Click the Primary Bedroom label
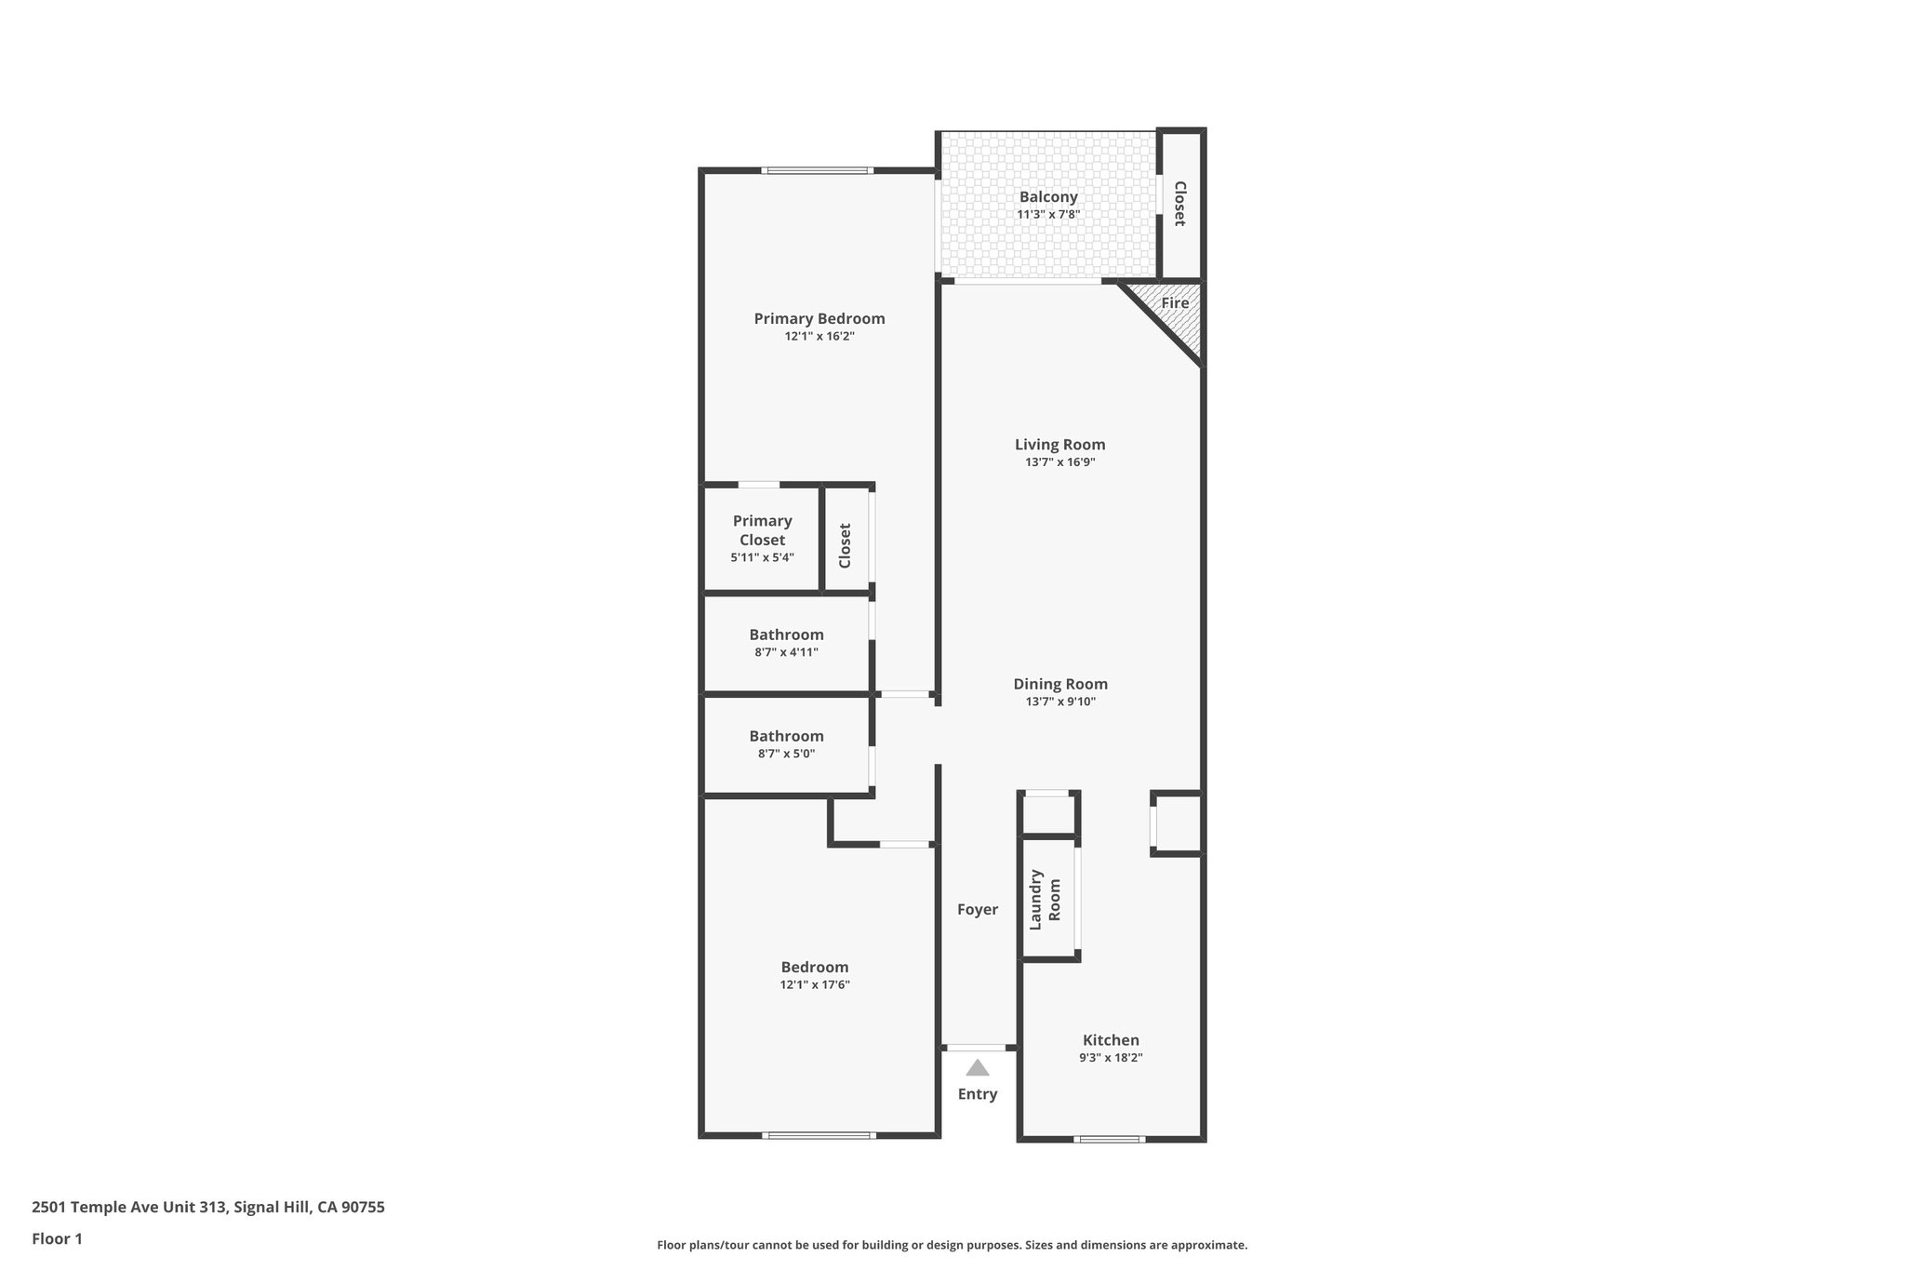819,318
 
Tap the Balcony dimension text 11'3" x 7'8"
1047,215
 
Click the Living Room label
1059,445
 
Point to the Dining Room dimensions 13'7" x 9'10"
1060,702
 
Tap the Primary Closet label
762,530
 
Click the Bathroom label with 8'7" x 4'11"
786,635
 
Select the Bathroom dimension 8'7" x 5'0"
786,754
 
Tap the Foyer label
977,910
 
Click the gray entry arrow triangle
977,1068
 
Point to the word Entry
977,1094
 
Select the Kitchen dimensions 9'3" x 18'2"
1111,1058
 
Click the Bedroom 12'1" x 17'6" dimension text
814,984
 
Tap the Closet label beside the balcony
1179,203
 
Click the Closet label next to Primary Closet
845,545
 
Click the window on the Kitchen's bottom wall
1109,1139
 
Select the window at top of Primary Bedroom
817,170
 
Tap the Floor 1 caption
57,1238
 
